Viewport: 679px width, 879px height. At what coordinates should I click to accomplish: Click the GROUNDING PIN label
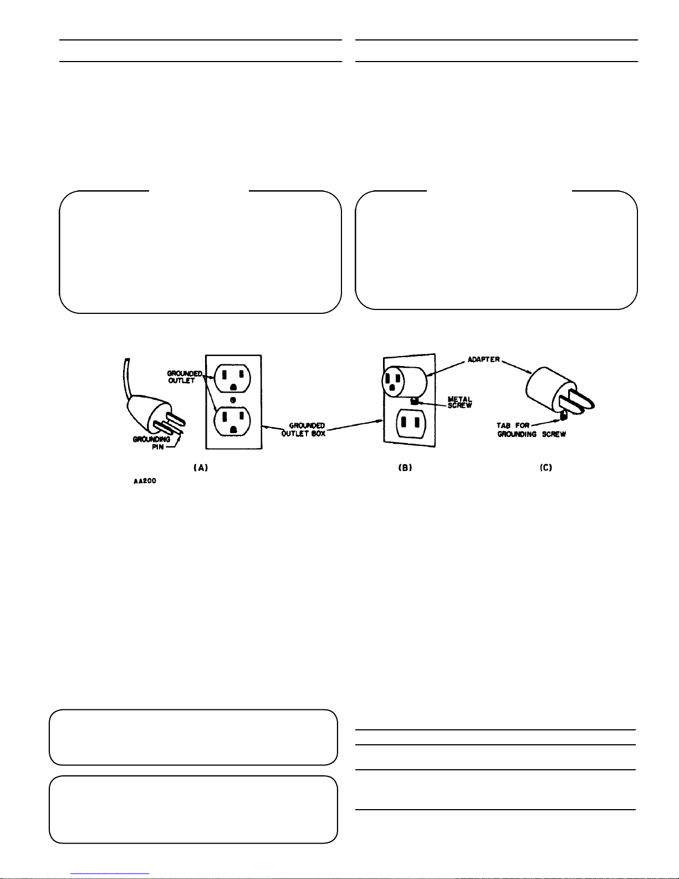click(151, 443)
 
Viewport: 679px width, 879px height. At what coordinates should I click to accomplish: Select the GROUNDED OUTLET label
click(184, 377)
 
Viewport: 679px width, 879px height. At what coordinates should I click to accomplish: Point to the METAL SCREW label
click(460, 402)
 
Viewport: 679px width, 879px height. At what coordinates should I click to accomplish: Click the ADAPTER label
click(484, 359)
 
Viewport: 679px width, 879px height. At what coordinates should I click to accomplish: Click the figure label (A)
click(200, 468)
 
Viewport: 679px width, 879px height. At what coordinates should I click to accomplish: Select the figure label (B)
click(405, 468)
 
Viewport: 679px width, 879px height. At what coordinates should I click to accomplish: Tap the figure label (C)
click(546, 468)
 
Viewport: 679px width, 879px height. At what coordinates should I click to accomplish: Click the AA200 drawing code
click(145, 481)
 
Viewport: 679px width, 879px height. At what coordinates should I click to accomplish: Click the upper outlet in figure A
click(233, 378)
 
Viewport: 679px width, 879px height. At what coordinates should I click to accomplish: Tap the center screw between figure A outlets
click(233, 399)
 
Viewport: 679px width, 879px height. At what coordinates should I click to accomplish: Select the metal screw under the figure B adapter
click(413, 401)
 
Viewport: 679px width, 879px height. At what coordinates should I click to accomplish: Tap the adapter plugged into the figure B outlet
click(404, 381)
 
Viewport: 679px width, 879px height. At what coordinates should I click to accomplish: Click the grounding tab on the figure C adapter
click(563, 414)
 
